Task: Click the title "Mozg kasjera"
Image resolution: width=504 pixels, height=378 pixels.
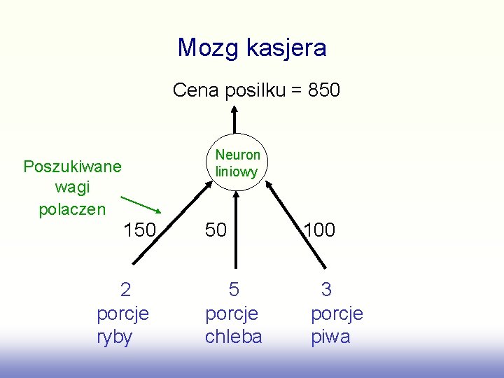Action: click(252, 48)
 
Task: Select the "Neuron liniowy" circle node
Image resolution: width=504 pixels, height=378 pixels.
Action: click(237, 162)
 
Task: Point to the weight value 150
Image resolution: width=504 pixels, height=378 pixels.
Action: click(140, 230)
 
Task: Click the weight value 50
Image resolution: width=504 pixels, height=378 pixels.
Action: click(216, 230)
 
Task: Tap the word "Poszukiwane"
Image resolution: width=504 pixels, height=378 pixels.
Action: click(72, 167)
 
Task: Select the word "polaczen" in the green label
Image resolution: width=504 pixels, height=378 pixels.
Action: click(72, 209)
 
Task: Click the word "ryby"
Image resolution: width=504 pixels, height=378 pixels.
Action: click(114, 337)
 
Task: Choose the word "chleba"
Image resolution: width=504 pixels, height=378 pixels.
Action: click(233, 337)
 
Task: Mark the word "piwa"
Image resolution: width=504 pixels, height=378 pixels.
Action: click(330, 337)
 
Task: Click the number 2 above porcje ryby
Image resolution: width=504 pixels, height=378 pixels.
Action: click(125, 289)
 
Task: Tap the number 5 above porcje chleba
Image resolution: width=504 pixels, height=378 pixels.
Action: click(234, 289)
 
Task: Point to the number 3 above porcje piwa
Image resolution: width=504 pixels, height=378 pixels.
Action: click(326, 289)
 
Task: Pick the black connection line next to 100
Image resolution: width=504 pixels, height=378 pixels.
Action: click(297, 224)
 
